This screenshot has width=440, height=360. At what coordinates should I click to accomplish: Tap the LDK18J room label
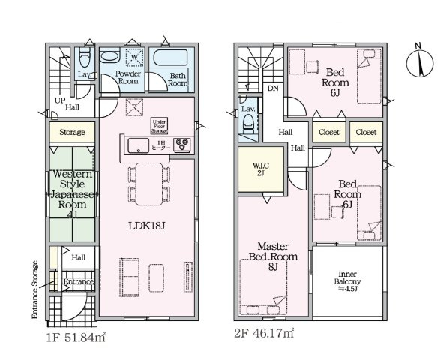point(146,226)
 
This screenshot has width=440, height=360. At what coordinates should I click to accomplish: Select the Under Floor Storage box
point(160,126)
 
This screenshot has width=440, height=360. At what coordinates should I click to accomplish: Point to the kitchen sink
point(139,145)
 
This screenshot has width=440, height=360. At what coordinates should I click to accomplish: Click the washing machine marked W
point(135,57)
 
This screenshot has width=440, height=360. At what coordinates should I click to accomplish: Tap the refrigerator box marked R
point(134,107)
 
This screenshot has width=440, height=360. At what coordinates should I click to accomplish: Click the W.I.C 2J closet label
point(261,169)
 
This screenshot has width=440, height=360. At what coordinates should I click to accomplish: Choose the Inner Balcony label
point(347,281)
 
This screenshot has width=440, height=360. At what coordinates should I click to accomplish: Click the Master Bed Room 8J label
point(273,256)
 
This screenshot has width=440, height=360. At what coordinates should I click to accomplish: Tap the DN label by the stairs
point(273,88)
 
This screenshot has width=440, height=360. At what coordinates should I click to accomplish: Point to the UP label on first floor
point(60,100)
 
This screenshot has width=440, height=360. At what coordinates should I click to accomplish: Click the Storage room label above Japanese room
point(72,132)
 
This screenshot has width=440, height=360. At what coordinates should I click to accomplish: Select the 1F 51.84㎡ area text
point(76,337)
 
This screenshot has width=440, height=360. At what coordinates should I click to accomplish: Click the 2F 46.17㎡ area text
point(264,333)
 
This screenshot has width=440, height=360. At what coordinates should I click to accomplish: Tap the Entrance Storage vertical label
point(34,289)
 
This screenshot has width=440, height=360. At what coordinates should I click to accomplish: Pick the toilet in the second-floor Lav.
point(248,124)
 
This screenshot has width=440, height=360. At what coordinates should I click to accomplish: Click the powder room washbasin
point(109,56)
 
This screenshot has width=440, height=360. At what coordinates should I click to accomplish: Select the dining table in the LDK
point(149,184)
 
